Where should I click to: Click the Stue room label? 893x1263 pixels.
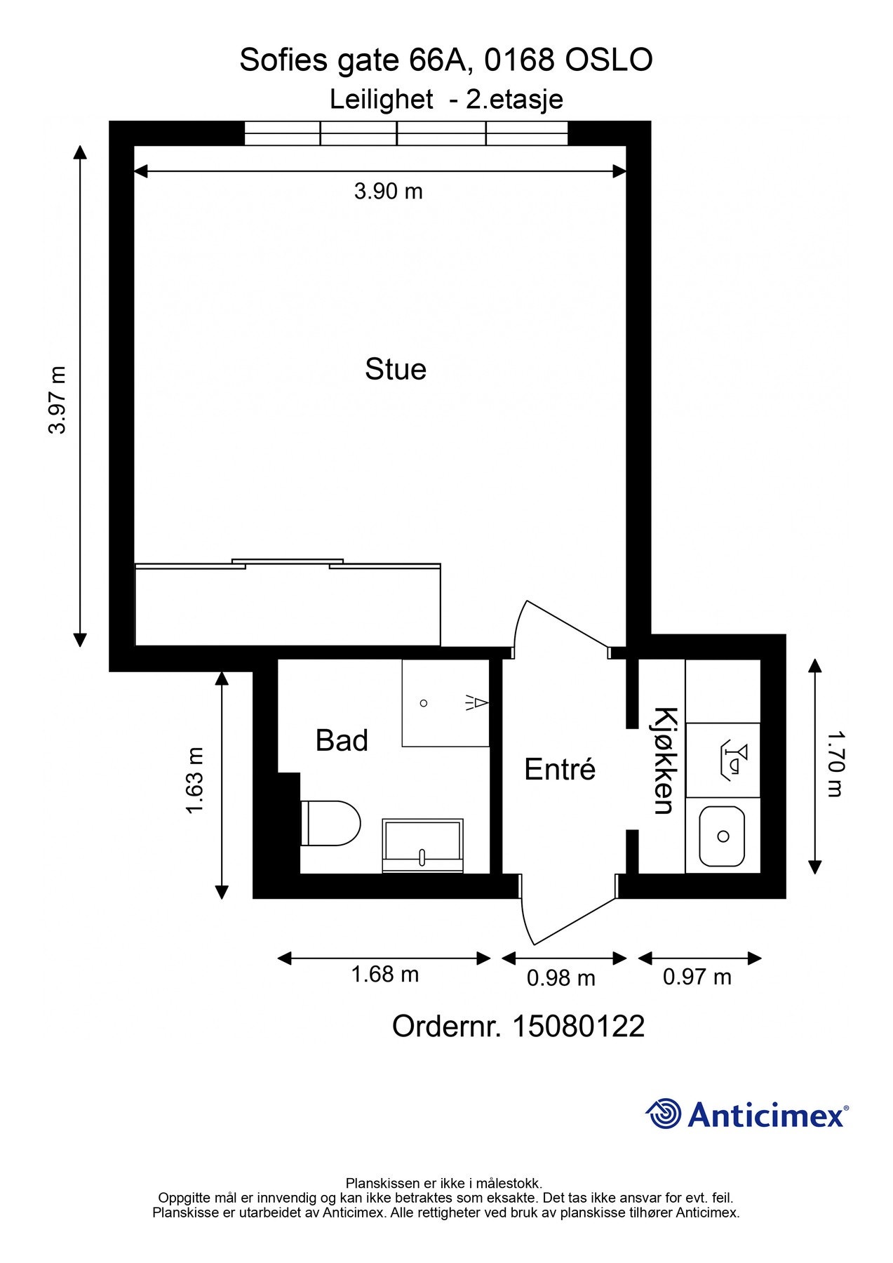(395, 370)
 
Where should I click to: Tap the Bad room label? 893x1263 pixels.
(342, 741)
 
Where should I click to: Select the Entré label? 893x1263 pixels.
(560, 770)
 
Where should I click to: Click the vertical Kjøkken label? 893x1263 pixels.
(664, 761)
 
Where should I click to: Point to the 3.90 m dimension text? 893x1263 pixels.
(388, 191)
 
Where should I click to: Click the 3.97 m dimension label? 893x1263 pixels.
(58, 400)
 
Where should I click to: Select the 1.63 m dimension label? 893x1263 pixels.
(194, 780)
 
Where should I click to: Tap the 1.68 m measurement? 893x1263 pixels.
(384, 974)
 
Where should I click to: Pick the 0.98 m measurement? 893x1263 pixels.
(560, 977)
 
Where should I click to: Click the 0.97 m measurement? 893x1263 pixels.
(697, 977)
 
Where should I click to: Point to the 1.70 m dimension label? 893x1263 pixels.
(834, 764)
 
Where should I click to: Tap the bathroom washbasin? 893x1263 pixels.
(422, 846)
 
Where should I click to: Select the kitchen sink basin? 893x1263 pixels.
(722, 836)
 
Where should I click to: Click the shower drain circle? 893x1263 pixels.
(424, 703)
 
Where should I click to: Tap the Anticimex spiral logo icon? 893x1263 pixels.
(663, 1114)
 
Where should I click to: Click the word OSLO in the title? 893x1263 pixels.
(609, 60)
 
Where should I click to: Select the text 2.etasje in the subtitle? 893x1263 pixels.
(515, 99)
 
